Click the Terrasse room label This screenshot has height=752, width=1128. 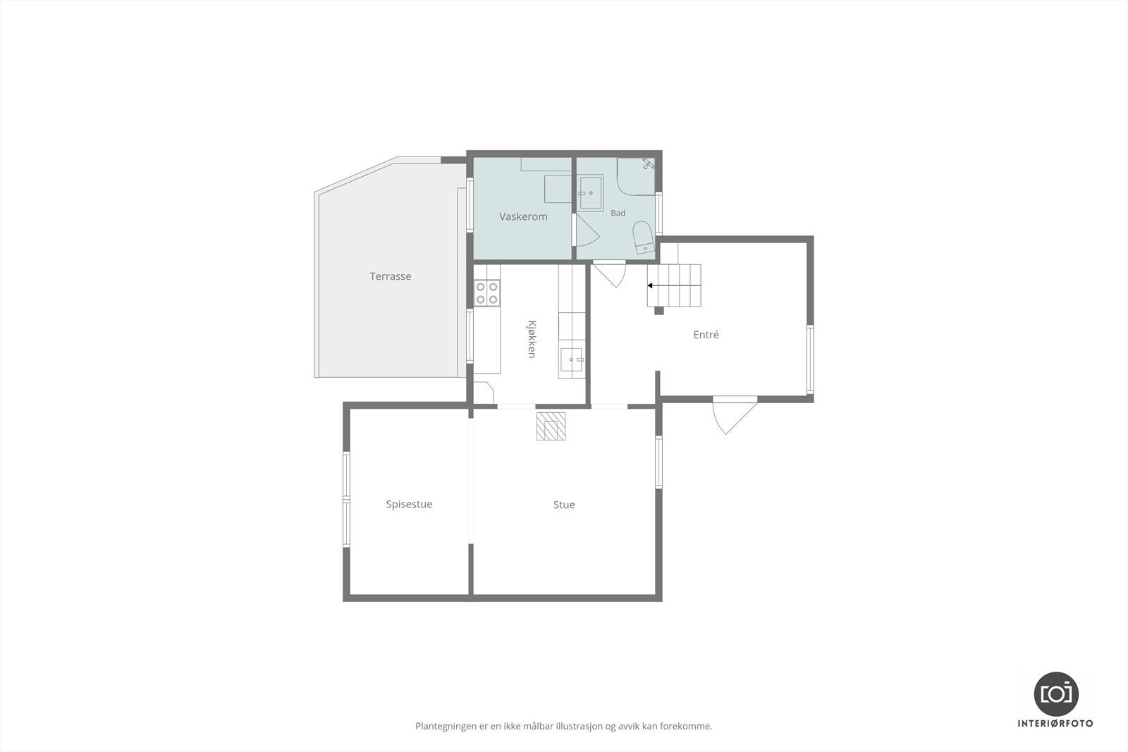pyautogui.click(x=391, y=276)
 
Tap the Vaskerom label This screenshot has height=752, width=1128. pyautogui.click(x=523, y=216)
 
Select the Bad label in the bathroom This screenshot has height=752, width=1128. pyautogui.click(x=618, y=213)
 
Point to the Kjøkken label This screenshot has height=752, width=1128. pyautogui.click(x=532, y=339)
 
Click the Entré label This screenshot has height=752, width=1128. pyautogui.click(x=706, y=335)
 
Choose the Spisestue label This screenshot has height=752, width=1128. pyautogui.click(x=409, y=505)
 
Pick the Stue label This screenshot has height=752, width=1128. pyautogui.click(x=564, y=505)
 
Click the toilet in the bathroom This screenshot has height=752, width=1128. pyautogui.click(x=643, y=238)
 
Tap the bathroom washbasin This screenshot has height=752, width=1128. pyautogui.click(x=590, y=193)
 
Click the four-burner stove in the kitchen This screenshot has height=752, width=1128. pyautogui.click(x=487, y=293)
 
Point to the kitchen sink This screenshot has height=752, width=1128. pyautogui.click(x=572, y=359)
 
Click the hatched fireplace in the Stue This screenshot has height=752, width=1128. pyautogui.click(x=551, y=426)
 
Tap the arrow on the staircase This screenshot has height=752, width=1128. pyautogui.click(x=674, y=285)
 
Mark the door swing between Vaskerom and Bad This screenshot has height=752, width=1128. pyautogui.click(x=586, y=230)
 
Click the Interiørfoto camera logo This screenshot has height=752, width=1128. pyautogui.click(x=1056, y=694)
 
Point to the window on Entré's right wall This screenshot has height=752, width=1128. pyautogui.click(x=810, y=359)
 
